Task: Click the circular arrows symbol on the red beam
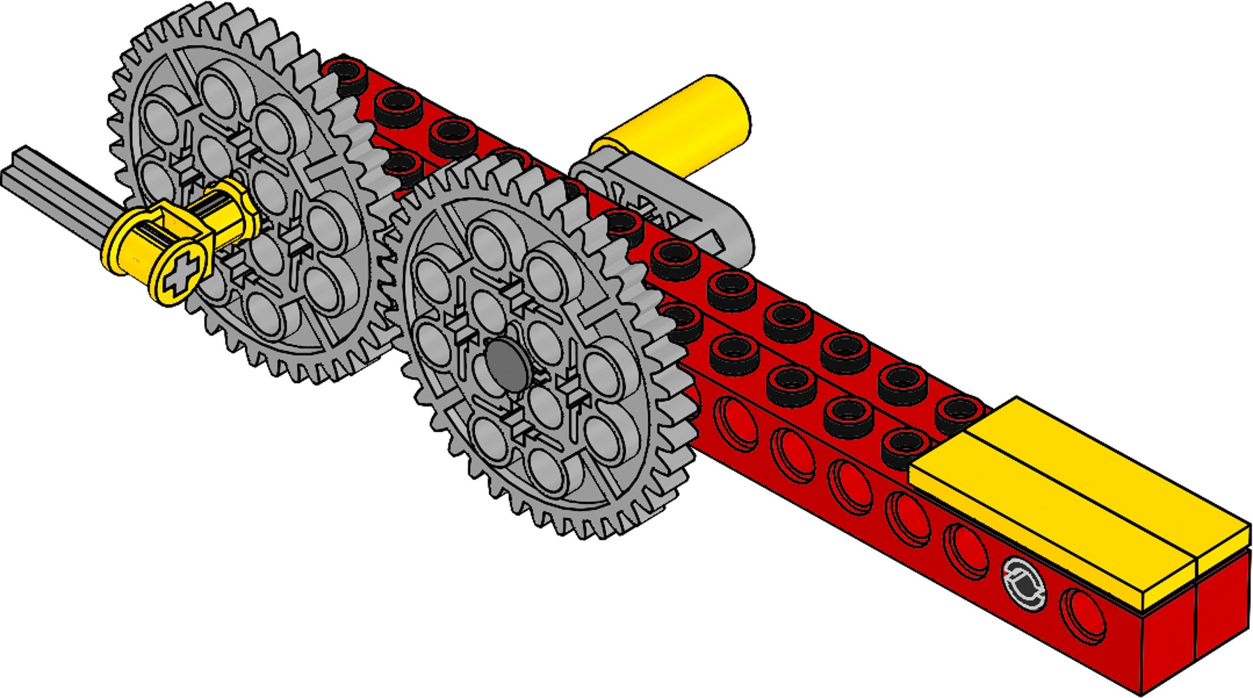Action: coord(1024,583)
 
